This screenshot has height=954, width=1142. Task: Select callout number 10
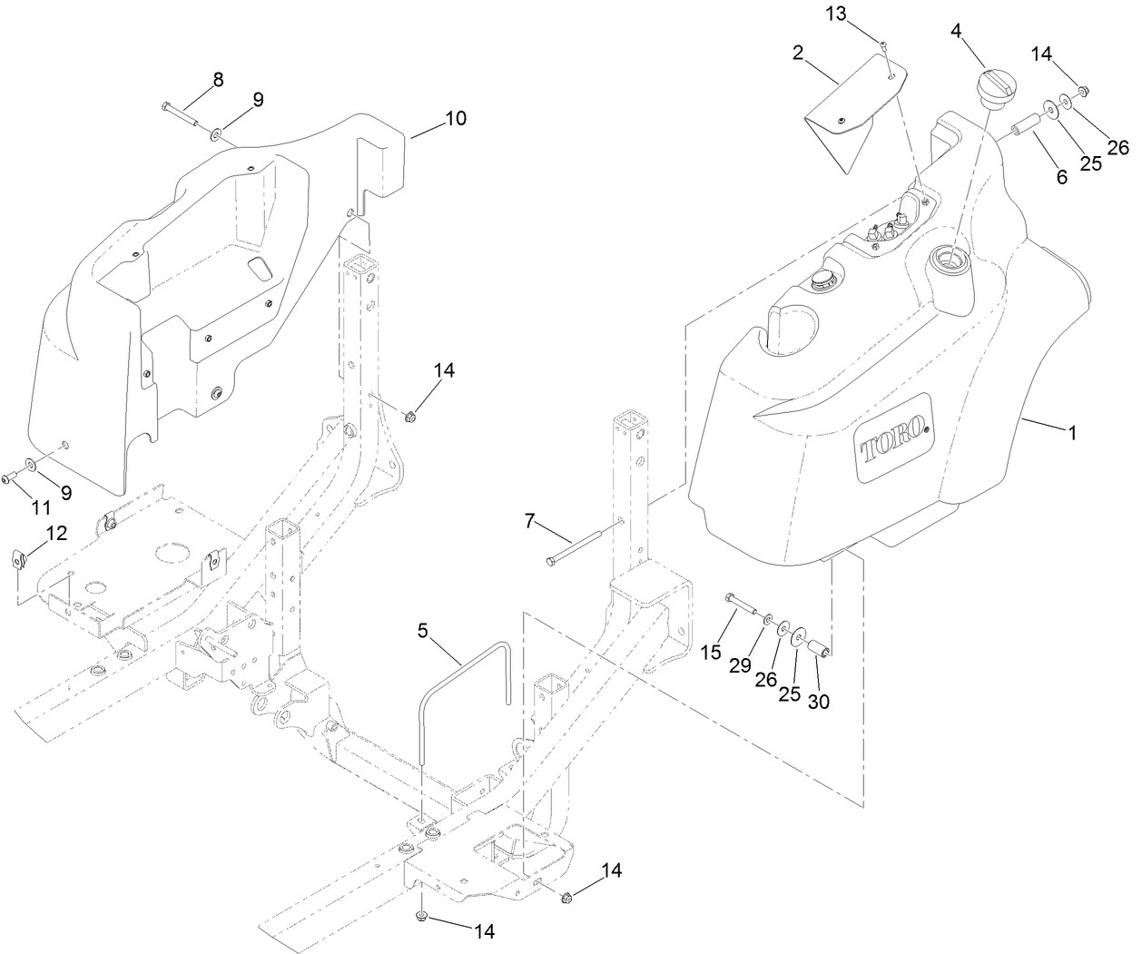[x=455, y=119]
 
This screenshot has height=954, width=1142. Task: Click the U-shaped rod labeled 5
[x=464, y=698]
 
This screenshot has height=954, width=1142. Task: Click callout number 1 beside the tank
[x=1072, y=434]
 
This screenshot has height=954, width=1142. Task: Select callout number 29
[x=740, y=664]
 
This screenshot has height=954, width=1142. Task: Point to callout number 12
[x=56, y=534]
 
